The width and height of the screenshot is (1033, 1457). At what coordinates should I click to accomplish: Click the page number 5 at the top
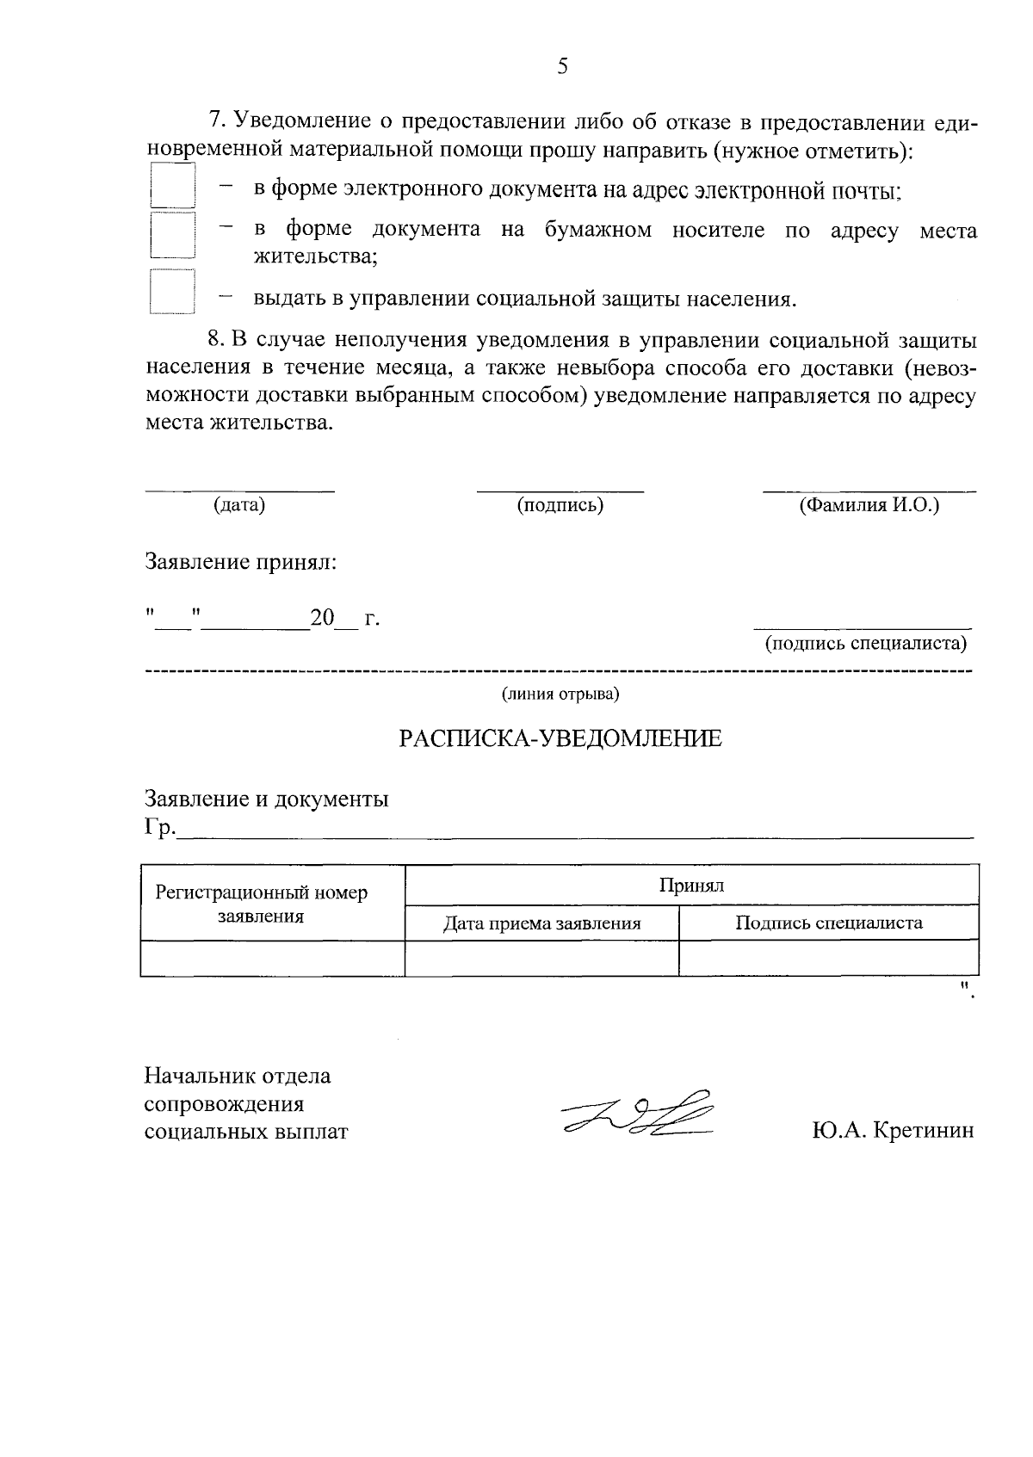pos(562,66)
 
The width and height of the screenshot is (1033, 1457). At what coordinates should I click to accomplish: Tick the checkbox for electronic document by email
pos(172,186)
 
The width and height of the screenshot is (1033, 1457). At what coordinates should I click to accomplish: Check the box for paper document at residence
pos(172,235)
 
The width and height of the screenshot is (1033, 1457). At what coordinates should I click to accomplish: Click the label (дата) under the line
pos(239,505)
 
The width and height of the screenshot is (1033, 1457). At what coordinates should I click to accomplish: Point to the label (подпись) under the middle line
pos(560,505)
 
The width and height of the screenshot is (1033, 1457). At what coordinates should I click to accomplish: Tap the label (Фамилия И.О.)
pos(869,505)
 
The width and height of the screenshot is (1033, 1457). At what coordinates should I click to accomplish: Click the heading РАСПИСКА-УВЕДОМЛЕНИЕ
pos(560,738)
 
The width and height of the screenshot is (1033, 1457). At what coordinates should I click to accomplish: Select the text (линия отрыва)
pos(560,694)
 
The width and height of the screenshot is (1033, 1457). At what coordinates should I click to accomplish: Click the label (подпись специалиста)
pos(866,643)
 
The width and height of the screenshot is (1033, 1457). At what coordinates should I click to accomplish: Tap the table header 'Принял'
pos(691,886)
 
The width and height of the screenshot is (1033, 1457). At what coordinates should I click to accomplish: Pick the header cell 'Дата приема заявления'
pos(541,924)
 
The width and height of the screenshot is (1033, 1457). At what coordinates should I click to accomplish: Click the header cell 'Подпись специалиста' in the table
pos(828,923)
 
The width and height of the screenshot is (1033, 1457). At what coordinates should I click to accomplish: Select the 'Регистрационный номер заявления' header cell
pos(262,904)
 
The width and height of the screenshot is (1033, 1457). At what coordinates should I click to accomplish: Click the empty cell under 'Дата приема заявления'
pos(541,958)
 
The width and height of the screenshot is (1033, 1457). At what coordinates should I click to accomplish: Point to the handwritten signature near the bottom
pos(639,1115)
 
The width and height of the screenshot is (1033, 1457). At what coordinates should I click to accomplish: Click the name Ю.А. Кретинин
pos(893,1130)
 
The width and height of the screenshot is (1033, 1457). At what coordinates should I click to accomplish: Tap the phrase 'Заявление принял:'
pos(240,563)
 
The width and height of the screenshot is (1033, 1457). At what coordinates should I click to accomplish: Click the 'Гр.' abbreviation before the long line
pos(159,828)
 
